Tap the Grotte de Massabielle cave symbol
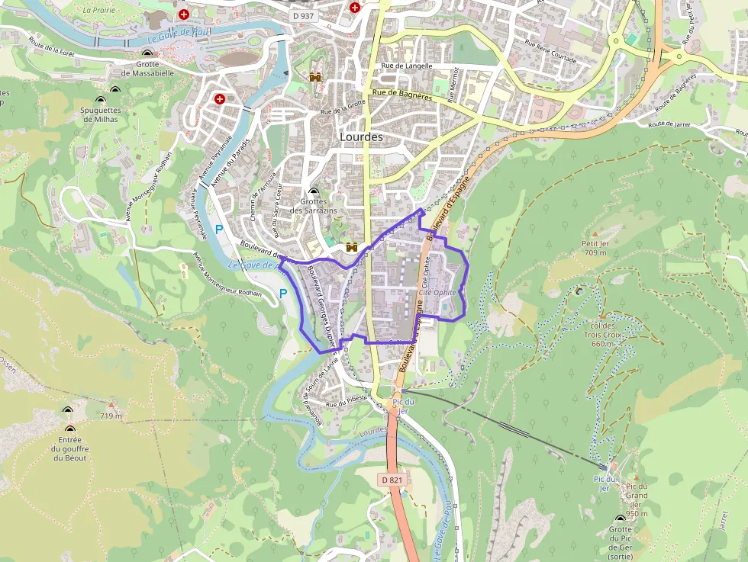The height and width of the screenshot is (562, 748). click(147, 53)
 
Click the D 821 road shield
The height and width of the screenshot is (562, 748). click(390, 480)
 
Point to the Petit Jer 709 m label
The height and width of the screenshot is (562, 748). click(595, 248)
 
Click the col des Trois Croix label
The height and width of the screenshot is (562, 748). click(602, 334)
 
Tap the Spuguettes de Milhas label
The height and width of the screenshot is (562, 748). click(101, 115)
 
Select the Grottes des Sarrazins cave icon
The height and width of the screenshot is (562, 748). click(314, 192)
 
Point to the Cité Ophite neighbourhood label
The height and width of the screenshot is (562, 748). click(437, 292)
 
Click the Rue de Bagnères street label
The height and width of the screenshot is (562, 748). click(402, 95)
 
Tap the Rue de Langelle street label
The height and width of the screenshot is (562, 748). click(406, 66)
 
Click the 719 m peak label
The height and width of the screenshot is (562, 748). click(111, 416)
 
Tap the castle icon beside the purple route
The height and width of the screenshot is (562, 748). click(353, 247)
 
